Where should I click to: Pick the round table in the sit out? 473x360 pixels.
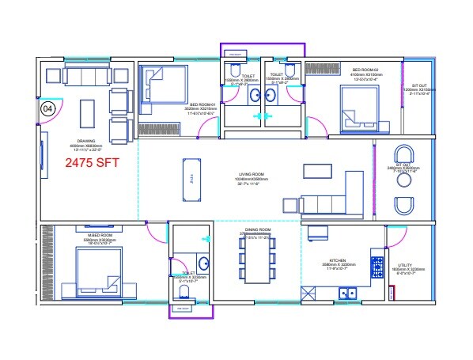[x=404, y=180]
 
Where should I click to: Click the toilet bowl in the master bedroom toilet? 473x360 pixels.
[x=184, y=293]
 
